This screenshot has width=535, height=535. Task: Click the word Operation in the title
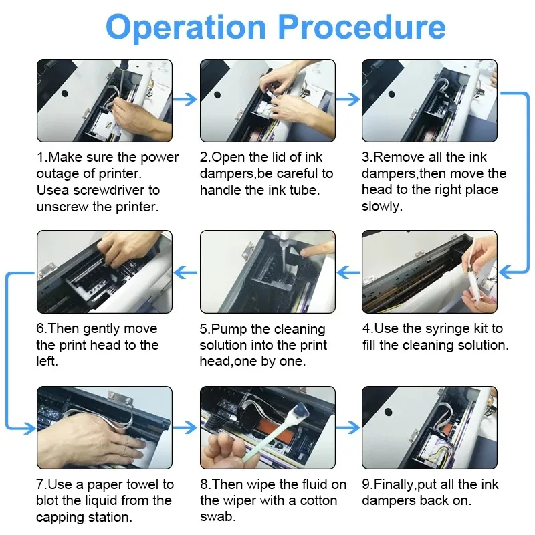click(x=186, y=28)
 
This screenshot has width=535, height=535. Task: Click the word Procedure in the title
click(x=362, y=27)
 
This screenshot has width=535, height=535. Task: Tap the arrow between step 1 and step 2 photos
click(x=185, y=99)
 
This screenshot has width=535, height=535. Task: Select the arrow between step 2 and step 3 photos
click(x=348, y=99)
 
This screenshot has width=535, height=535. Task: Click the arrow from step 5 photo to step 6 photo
click(x=185, y=272)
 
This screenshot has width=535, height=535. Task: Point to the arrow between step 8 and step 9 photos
click(x=348, y=427)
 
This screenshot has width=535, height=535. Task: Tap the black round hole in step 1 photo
click(x=64, y=93)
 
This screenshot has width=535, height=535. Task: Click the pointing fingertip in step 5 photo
click(x=306, y=253)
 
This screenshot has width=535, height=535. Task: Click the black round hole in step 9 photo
click(x=388, y=411)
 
